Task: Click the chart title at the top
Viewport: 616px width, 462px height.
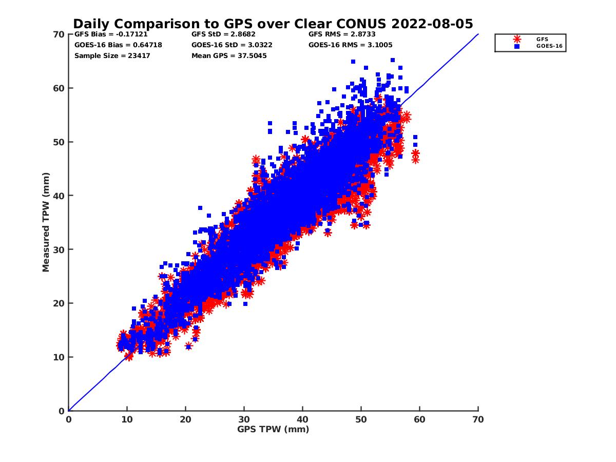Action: (x=273, y=24)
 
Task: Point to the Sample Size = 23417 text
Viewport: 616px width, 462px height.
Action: (x=112, y=55)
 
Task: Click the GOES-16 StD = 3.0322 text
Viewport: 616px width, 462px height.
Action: (x=232, y=45)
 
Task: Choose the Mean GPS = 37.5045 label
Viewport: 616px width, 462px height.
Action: (x=229, y=55)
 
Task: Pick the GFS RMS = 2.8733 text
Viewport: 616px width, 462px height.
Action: (x=342, y=35)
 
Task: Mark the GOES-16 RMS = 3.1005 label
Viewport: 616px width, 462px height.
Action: (x=350, y=45)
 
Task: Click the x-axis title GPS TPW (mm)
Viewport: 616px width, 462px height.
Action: (x=273, y=429)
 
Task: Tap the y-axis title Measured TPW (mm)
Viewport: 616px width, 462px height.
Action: (x=46, y=222)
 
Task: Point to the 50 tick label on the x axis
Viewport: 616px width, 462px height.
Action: (x=361, y=419)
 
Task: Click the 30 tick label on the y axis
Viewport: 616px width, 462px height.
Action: (x=60, y=249)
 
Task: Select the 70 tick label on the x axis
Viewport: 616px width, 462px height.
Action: (x=478, y=419)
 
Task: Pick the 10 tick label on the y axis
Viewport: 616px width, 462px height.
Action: (x=60, y=357)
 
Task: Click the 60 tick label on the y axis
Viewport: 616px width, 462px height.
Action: (x=60, y=88)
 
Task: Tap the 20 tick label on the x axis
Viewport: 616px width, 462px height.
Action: (x=185, y=419)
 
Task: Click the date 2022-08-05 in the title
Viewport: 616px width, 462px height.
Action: (x=433, y=24)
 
